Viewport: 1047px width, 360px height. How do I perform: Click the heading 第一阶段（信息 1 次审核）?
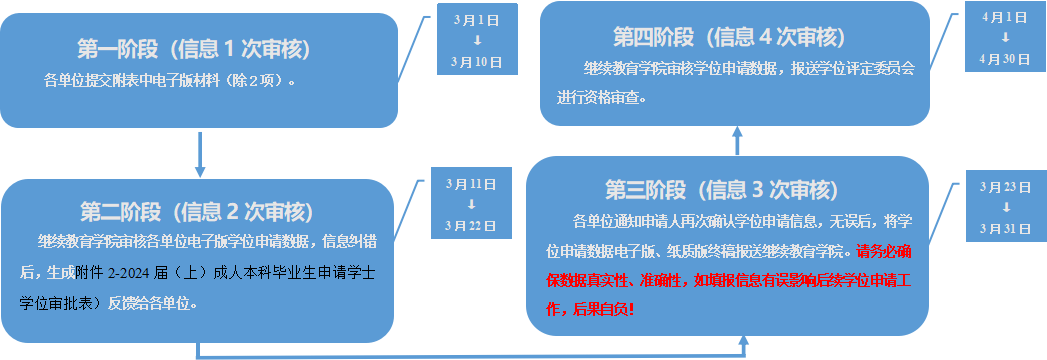coord(194,48)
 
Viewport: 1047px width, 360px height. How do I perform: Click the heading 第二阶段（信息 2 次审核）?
coord(196,211)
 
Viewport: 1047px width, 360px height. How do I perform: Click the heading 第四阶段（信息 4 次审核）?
coord(729,37)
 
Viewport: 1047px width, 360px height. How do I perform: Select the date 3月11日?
coord(470,184)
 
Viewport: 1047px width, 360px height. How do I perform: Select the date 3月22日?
coord(470,225)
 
